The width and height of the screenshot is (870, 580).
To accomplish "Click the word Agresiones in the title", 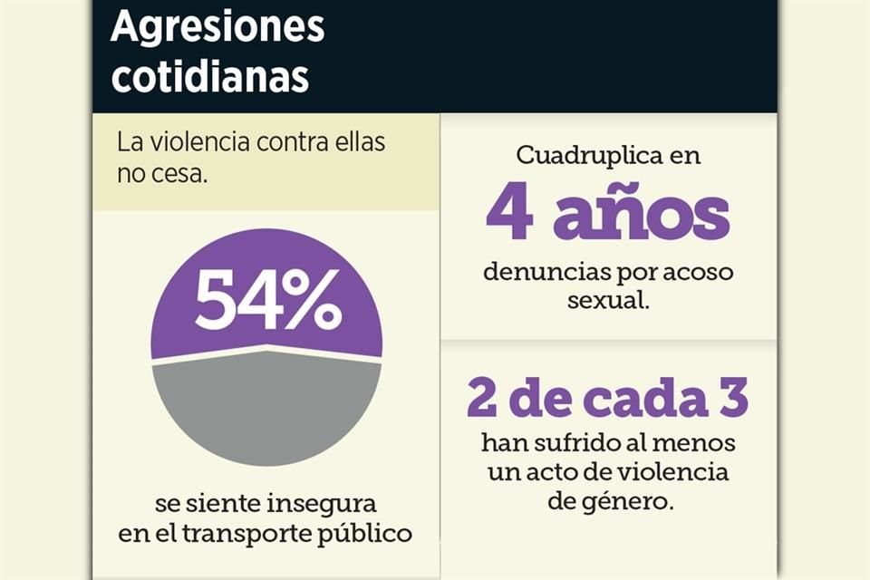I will [217, 28].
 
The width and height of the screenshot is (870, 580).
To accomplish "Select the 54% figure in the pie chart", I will [267, 301].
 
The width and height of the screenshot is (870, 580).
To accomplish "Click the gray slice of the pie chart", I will [266, 407].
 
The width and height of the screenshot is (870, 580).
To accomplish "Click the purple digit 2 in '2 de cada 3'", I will [483, 398].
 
